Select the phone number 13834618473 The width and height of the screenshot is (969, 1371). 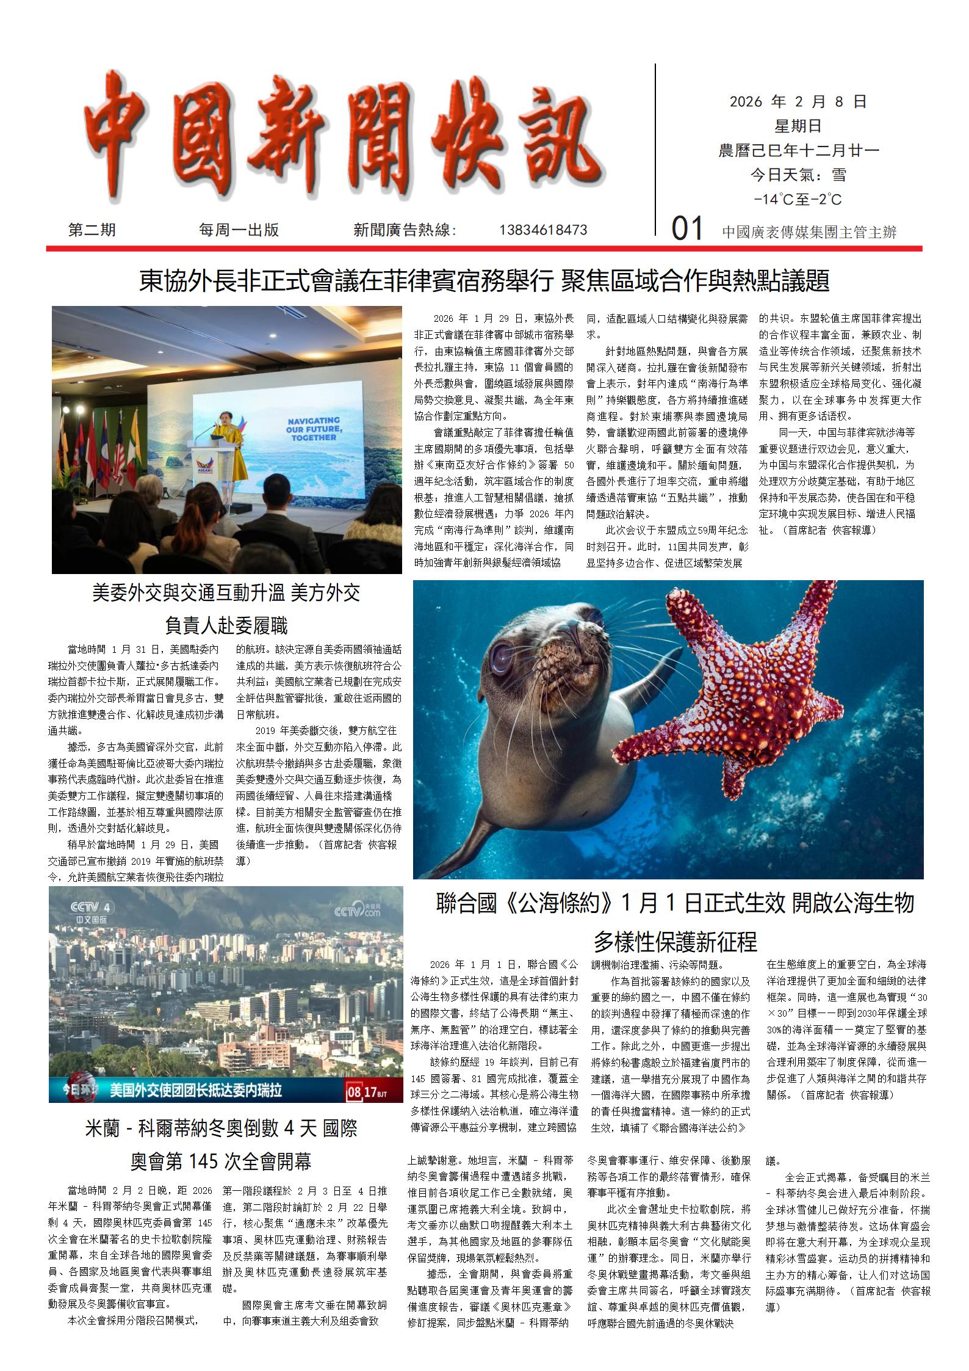tap(543, 230)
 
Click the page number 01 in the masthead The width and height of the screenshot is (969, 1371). tap(687, 230)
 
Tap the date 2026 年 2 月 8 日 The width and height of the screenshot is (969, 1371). tap(798, 101)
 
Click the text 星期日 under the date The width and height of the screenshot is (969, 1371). tap(798, 126)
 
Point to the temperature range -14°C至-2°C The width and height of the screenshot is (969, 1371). tap(798, 200)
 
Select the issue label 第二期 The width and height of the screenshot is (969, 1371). tap(92, 230)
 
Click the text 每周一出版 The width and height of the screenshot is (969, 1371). tap(239, 230)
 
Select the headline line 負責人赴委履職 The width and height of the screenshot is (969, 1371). tap(226, 625)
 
